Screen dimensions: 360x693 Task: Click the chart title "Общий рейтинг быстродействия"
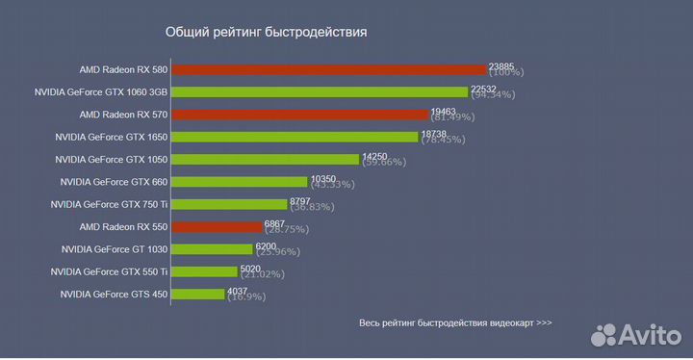(266, 32)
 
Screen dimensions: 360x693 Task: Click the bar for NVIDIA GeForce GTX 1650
(295, 137)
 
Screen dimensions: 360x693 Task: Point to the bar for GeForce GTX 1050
(265, 159)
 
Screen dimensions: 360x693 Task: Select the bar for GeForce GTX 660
(240, 181)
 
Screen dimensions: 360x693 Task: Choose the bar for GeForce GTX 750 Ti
(230, 204)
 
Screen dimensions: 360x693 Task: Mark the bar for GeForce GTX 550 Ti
(204, 271)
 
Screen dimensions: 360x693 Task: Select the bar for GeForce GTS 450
(197, 294)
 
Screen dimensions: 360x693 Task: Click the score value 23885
(503, 64)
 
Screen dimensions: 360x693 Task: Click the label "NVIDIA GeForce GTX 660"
(114, 182)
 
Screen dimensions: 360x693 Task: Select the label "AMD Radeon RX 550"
(123, 227)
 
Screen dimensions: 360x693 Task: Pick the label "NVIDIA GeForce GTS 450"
(114, 295)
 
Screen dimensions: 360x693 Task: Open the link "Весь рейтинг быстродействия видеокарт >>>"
(455, 323)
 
